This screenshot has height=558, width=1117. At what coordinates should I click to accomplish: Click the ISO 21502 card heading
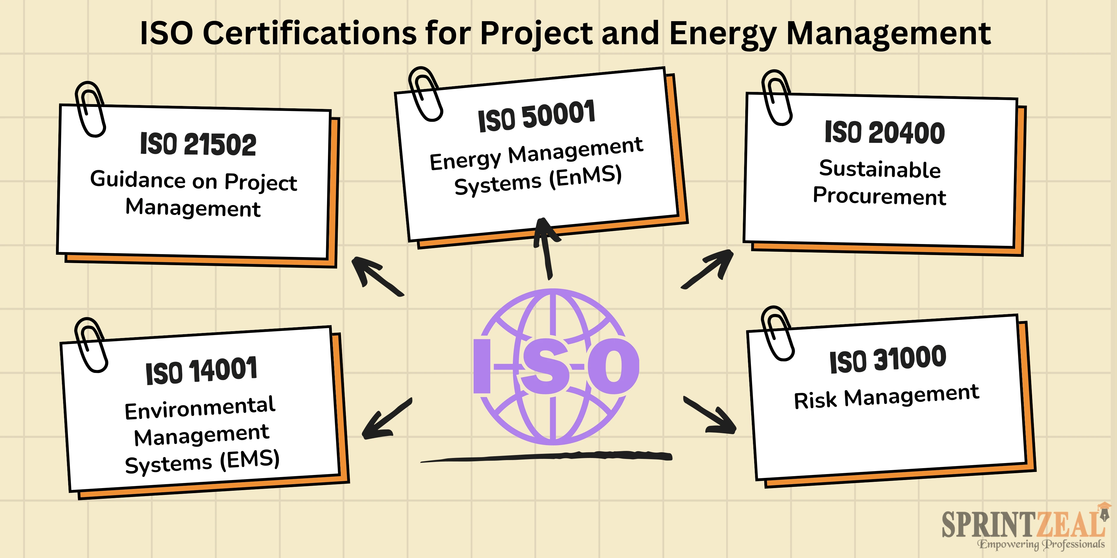pyautogui.click(x=198, y=144)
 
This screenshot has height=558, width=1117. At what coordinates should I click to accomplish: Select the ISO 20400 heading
pyautogui.click(x=885, y=132)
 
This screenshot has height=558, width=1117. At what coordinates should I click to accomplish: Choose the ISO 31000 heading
pyautogui.click(x=888, y=360)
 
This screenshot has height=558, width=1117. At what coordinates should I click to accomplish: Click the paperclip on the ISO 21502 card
pyautogui.click(x=90, y=109)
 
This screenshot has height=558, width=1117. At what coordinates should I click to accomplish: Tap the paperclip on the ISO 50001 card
pyautogui.click(x=425, y=94)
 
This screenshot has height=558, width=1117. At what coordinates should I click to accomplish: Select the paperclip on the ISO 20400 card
pyautogui.click(x=777, y=98)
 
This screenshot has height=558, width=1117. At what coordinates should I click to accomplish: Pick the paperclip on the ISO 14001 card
pyautogui.click(x=91, y=345)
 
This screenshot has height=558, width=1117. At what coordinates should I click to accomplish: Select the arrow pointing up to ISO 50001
pyautogui.click(x=546, y=248)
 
